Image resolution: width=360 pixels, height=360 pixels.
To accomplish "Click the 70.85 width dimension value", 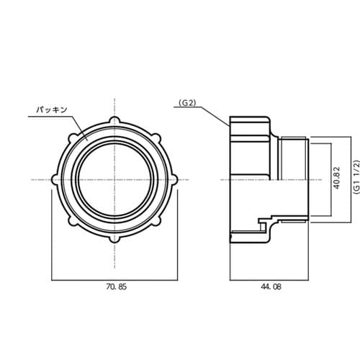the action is (x=116, y=287).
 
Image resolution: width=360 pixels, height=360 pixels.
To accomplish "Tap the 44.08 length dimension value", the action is (x=271, y=287).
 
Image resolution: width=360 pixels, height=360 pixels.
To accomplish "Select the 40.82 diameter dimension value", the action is (x=337, y=178).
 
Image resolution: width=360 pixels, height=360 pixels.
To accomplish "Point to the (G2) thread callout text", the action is (x=187, y=103).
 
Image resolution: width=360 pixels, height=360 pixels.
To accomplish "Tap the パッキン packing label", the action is (x=52, y=110).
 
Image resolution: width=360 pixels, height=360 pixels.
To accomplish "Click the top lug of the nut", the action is (x=114, y=120).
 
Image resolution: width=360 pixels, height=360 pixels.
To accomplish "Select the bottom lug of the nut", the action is (x=114, y=239).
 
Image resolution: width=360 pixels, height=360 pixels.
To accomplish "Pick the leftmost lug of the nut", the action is (x=55, y=180).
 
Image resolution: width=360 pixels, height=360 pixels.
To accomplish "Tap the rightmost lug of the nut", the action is (x=174, y=180).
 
